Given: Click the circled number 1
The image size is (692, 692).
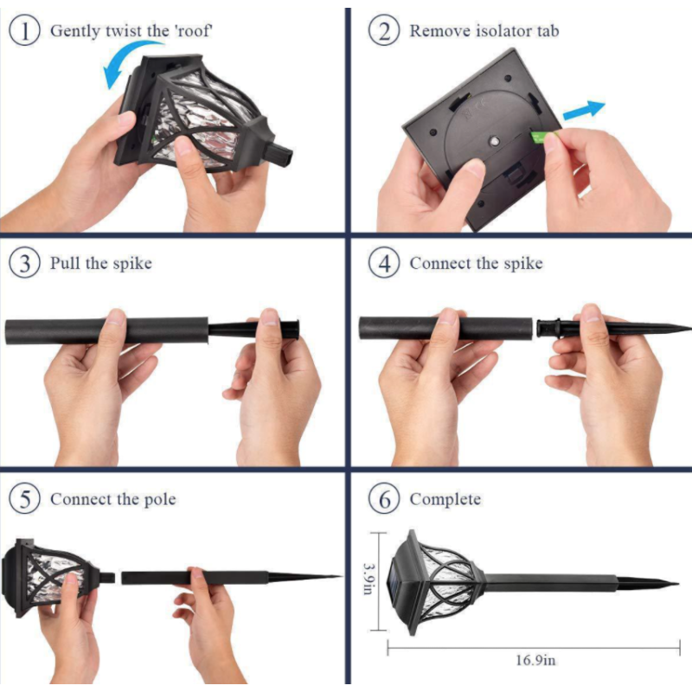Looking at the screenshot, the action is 25,31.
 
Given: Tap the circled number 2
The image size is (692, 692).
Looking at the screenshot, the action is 384,31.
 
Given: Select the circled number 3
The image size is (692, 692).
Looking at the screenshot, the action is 25,263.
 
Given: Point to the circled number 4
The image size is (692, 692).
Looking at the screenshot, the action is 384,263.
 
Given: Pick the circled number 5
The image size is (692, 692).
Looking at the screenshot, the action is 25,499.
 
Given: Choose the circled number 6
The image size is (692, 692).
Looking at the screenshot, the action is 384,499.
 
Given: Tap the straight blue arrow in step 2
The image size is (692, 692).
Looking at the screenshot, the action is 584,111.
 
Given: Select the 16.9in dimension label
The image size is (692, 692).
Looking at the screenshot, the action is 535,660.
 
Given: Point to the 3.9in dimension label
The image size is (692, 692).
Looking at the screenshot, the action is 368,578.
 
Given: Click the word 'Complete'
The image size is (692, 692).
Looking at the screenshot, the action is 445,499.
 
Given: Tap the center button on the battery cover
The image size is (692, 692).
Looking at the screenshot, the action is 494,142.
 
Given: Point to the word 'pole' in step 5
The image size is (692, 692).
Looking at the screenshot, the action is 160,500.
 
